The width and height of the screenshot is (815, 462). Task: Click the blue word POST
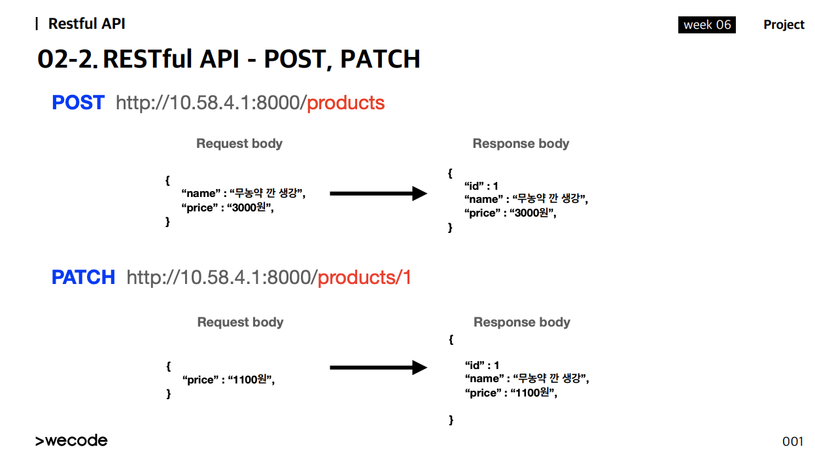click(x=78, y=102)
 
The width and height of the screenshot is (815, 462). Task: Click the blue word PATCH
click(x=83, y=277)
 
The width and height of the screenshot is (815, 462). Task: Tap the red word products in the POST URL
click(x=345, y=103)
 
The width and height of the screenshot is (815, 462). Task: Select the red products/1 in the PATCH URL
click(x=364, y=277)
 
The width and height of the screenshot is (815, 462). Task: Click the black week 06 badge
click(x=707, y=25)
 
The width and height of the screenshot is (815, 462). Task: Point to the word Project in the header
click(x=784, y=25)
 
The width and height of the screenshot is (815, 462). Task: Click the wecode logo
click(x=71, y=440)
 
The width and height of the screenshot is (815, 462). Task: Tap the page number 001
click(x=793, y=442)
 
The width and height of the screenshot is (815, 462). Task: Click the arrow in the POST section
click(x=378, y=193)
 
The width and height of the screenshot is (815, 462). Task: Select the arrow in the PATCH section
click(x=378, y=367)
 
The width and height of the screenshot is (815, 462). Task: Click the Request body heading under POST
click(x=239, y=143)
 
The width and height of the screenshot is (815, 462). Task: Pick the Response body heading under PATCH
click(x=522, y=322)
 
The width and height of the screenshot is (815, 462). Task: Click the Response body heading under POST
click(x=521, y=143)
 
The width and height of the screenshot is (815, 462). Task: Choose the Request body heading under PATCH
click(x=240, y=322)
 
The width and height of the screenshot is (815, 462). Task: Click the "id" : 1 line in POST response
click(x=481, y=186)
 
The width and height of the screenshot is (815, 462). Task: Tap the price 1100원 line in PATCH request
click(x=228, y=380)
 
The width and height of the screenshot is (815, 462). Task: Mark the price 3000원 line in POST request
click(x=228, y=207)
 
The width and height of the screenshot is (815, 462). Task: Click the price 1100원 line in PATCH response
click(x=512, y=393)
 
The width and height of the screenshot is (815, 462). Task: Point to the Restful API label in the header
click(x=86, y=24)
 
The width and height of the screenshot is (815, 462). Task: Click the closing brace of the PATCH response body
click(x=451, y=420)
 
